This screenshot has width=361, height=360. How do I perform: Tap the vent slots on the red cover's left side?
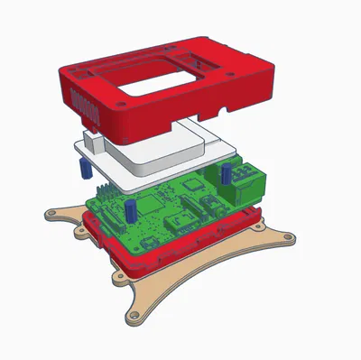pyautogui.click(x=88, y=106)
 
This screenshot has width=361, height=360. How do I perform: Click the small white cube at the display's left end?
pyautogui.click(x=95, y=140)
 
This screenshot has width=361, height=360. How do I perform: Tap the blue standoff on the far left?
pyautogui.click(x=81, y=170)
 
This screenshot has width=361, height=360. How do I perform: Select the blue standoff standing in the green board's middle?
pyautogui.click(x=132, y=210)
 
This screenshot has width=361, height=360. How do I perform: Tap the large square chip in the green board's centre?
pyautogui.click(x=191, y=184)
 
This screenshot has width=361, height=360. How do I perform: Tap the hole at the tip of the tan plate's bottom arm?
pyautogui.click(x=134, y=317)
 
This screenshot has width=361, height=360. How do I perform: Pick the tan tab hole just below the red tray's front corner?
pyautogui.click(x=118, y=276)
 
